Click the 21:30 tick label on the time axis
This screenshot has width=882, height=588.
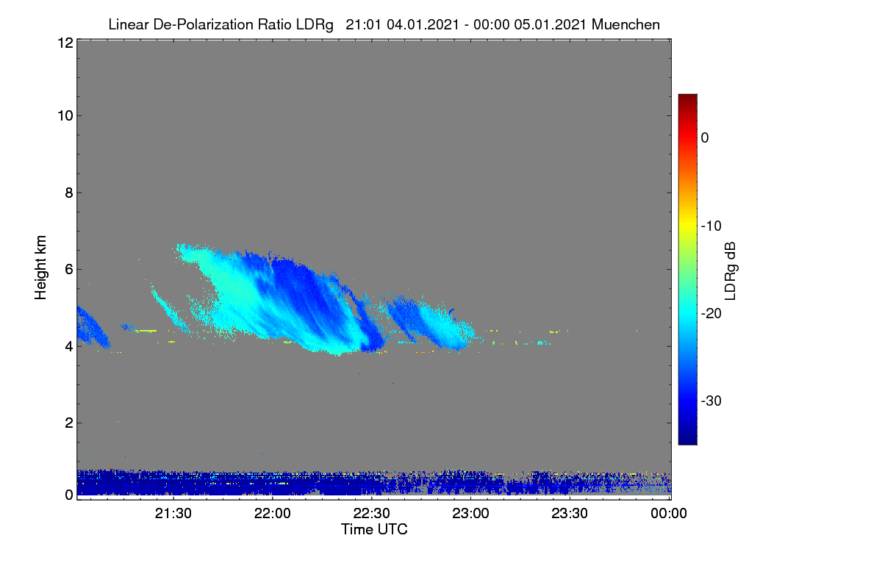point(173,514)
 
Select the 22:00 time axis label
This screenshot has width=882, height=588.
point(273,514)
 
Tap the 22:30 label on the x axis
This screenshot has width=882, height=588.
point(371,514)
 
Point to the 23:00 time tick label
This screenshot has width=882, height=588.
point(470,514)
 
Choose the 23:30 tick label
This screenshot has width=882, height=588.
point(570,514)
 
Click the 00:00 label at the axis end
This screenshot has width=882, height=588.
point(669,514)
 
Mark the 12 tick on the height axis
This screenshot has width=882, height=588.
point(65,43)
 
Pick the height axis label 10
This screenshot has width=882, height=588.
point(65,116)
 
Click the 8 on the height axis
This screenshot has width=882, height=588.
point(69,193)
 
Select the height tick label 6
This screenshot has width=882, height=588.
point(69,270)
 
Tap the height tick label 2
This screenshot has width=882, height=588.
point(69,423)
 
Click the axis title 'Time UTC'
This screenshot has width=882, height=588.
point(374,530)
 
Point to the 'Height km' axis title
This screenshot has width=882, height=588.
point(40,268)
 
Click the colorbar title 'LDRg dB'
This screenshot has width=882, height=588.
point(730,271)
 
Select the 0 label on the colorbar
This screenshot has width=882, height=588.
point(705,138)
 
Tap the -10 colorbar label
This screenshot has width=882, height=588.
point(711,226)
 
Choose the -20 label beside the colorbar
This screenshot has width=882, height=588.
point(711,314)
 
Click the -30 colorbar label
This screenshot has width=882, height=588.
point(711,401)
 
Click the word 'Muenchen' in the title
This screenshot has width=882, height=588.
point(625,25)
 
